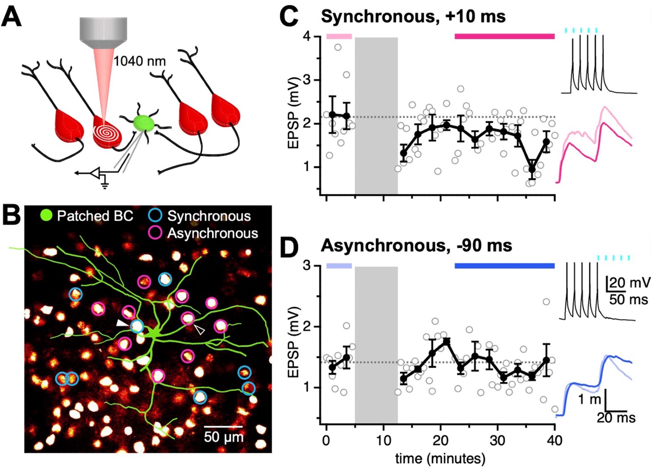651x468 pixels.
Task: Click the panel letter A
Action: click(11, 17)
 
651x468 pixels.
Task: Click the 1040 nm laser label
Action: click(139, 61)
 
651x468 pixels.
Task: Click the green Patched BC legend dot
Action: click(46, 215)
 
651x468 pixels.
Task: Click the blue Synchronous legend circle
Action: click(155, 216)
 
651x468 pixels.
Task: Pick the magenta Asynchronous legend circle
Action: click(155, 233)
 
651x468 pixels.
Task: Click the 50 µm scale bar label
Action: click(224, 437)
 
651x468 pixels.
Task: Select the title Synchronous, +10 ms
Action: click(413, 16)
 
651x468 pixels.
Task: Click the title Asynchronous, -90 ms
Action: click(416, 245)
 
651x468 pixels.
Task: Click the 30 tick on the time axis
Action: click(497, 440)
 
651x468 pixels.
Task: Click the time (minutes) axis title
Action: click(440, 459)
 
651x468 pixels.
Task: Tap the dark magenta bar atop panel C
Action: click(504, 36)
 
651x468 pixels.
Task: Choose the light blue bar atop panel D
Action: click(339, 266)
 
